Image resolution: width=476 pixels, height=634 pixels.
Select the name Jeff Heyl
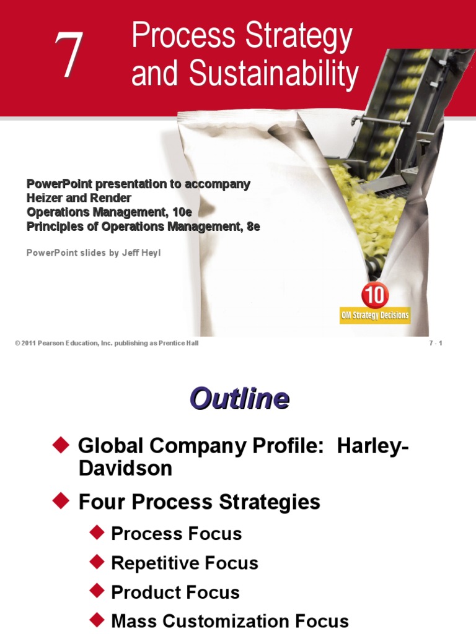point(141,253)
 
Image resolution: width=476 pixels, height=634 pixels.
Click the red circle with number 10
point(374,295)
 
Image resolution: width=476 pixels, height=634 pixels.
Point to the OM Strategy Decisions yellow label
point(374,315)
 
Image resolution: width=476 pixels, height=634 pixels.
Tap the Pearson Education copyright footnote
point(107,344)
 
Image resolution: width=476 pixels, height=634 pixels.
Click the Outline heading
point(239,399)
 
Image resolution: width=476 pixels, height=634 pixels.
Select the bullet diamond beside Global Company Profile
point(59,444)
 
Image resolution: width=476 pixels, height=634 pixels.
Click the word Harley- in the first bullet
point(372,446)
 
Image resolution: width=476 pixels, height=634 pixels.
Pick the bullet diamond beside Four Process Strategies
point(59,500)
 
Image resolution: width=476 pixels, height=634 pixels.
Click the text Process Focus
point(176,534)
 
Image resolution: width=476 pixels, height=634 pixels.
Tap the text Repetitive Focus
point(184,563)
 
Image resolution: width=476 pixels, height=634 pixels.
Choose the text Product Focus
point(175,592)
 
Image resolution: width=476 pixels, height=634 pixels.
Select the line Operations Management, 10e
point(109,212)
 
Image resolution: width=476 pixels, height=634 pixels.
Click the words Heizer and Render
point(79,198)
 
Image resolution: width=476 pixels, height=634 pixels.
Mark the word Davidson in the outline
point(125,469)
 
